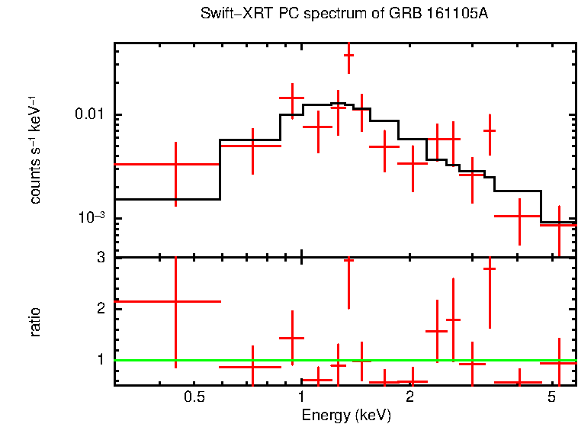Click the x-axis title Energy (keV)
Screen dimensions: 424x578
[345, 415]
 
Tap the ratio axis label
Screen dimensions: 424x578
[35, 321]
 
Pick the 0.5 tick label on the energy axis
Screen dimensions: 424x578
[194, 397]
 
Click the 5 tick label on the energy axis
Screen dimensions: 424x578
[551, 397]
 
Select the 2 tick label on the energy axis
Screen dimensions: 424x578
[409, 397]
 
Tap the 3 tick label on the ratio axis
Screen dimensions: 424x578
[101, 258]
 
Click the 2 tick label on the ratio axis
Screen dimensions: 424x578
[101, 308]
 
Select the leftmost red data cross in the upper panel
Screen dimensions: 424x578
[176, 164]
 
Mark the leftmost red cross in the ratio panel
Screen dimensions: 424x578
[176, 301]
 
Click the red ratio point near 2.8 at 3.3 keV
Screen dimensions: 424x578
[490, 268]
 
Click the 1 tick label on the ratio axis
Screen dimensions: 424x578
[101, 358]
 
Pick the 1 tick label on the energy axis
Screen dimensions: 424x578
[302, 397]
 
